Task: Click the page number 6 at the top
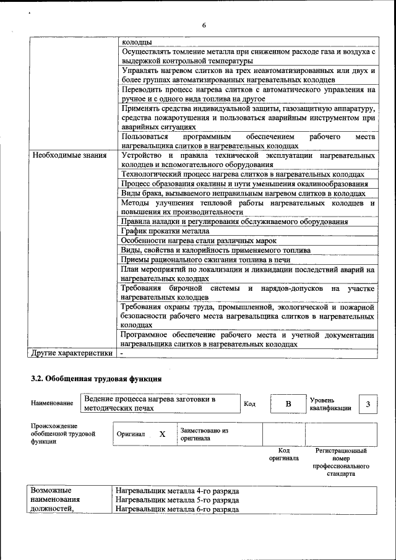click(203, 25)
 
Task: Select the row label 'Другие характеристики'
click(72, 353)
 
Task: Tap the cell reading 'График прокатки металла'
click(161, 231)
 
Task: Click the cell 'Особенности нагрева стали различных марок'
click(198, 241)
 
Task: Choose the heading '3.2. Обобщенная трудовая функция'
click(97, 378)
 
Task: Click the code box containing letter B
click(288, 404)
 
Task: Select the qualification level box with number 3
click(368, 404)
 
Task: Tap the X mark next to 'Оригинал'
click(162, 434)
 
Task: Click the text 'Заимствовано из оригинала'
click(204, 434)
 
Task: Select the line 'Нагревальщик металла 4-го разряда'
click(177, 490)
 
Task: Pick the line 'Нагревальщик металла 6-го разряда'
click(177, 509)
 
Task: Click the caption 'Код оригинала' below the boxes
click(284, 455)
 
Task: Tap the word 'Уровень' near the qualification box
click(322, 400)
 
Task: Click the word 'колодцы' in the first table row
click(137, 42)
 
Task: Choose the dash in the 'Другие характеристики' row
click(122, 353)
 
